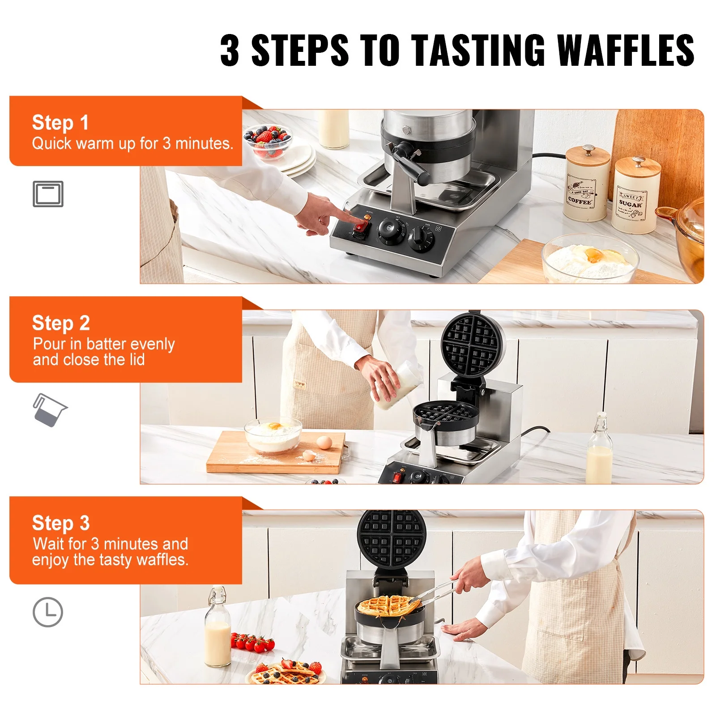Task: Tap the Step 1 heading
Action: coord(60,123)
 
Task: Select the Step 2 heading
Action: coord(61,323)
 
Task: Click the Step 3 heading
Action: coord(61,523)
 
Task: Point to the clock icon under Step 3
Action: coord(48,612)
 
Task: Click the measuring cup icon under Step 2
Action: coord(49,410)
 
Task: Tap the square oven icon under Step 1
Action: coord(48,194)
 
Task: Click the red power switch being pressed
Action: coord(360,228)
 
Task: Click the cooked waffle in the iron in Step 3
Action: coord(388,605)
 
